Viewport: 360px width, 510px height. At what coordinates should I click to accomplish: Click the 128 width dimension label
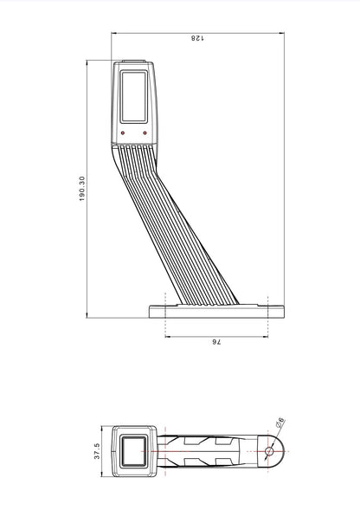(x=196, y=37)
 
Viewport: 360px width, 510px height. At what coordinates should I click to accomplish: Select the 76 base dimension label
(x=216, y=343)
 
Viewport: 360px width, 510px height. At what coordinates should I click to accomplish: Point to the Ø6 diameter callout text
(x=280, y=423)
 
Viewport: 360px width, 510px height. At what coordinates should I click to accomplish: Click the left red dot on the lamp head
(x=124, y=132)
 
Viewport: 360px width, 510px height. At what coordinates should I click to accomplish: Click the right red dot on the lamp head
(x=144, y=132)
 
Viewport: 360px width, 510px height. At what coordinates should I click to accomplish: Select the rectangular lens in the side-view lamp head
(x=133, y=96)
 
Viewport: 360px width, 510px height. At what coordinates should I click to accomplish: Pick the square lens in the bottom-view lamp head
(x=135, y=450)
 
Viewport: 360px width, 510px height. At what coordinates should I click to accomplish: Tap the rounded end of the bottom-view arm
(x=279, y=450)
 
